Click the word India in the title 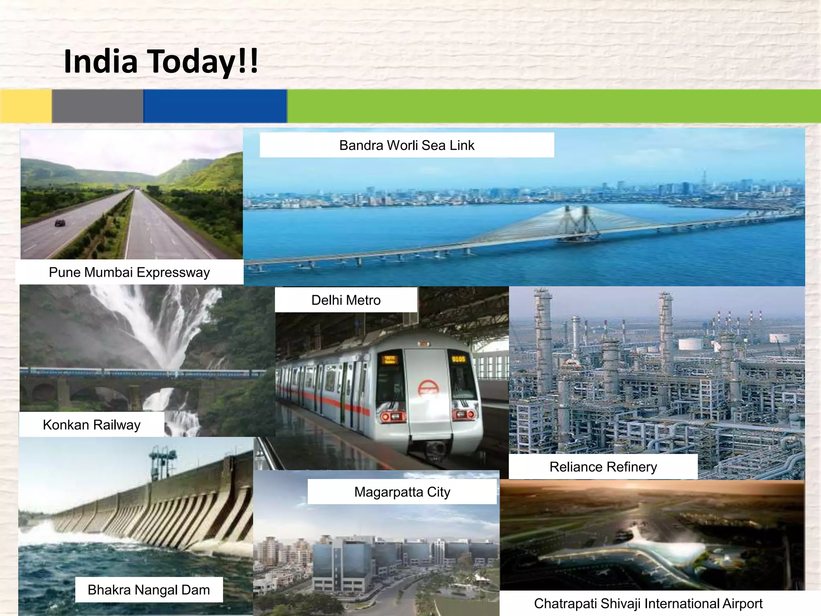click(101, 61)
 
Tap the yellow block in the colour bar click(26, 106)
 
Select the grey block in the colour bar click(97, 106)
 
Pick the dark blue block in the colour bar click(215, 106)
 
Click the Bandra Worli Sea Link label click(406, 145)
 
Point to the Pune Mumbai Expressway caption click(129, 272)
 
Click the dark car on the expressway click(60, 223)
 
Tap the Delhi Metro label click(346, 300)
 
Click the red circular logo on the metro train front click(429, 388)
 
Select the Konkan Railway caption click(91, 425)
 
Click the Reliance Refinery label click(603, 467)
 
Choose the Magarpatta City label click(402, 492)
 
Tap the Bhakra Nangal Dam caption click(149, 590)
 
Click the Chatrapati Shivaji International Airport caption click(648, 604)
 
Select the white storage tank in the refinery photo click(690, 344)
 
